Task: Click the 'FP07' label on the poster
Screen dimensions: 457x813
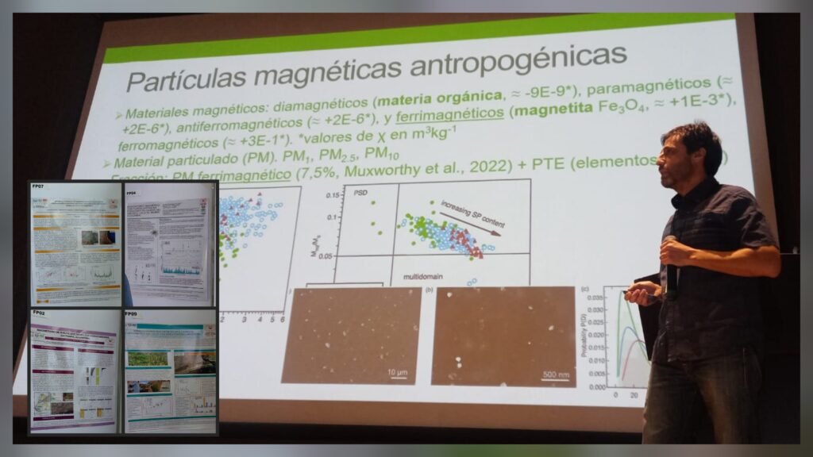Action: click(x=40, y=188)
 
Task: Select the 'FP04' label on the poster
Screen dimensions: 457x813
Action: click(x=132, y=191)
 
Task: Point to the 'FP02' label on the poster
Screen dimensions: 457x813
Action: click(x=40, y=313)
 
